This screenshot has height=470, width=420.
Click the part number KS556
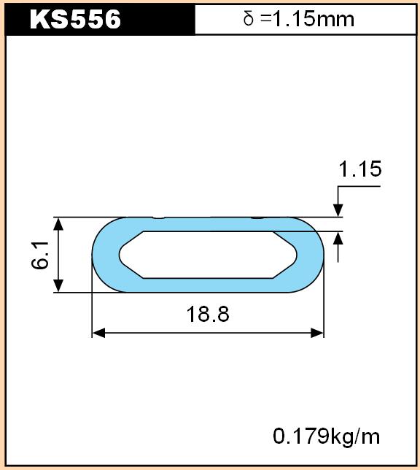(x=75, y=19)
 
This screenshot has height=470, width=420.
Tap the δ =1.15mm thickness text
(x=299, y=19)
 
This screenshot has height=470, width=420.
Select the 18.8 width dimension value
(x=208, y=314)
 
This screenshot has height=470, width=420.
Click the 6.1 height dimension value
(x=40, y=255)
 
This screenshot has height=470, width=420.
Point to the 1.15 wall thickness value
(x=359, y=169)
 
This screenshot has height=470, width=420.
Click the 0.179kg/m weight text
(x=326, y=436)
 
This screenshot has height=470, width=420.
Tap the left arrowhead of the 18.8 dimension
(x=98, y=333)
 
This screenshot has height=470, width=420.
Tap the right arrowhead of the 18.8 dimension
(x=317, y=333)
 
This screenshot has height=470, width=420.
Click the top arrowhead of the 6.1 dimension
(x=58, y=223)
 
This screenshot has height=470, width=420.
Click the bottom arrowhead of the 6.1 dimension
(x=58, y=285)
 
